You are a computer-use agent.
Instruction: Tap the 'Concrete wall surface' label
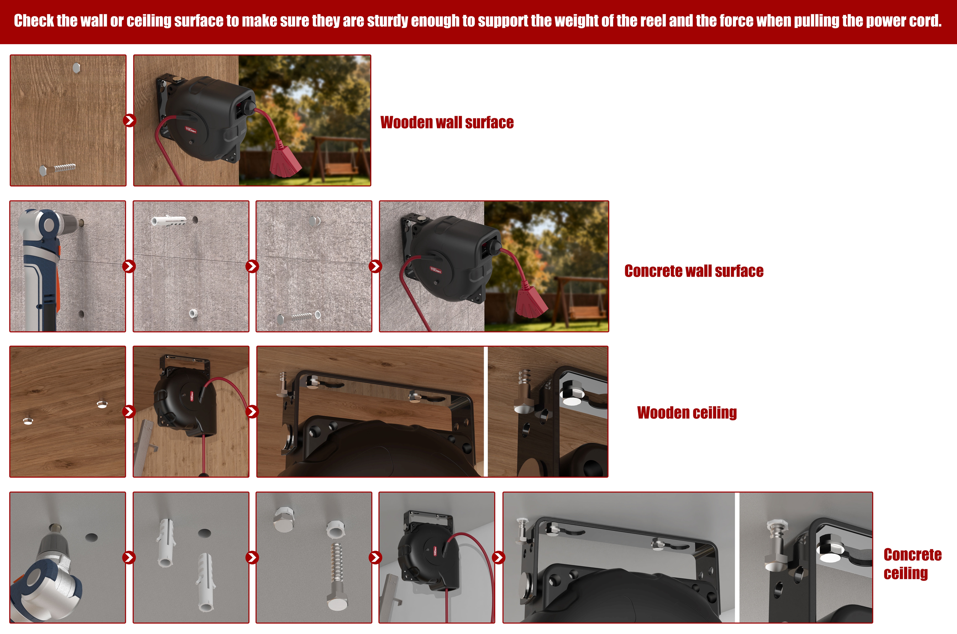tap(694, 271)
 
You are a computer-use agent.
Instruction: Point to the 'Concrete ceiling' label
tap(913, 564)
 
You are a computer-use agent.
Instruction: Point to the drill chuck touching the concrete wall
tap(77, 222)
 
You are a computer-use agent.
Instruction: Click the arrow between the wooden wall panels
tap(130, 121)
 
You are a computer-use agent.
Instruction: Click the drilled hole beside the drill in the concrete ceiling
tap(91, 538)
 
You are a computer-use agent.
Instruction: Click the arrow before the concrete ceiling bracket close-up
tap(499, 558)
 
